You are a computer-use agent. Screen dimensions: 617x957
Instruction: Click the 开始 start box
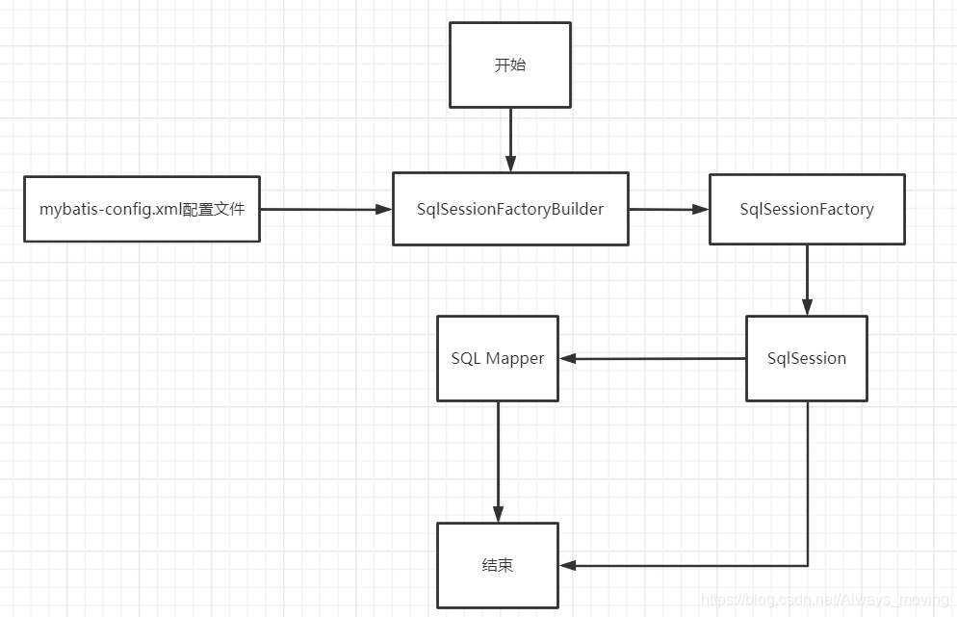[510, 65]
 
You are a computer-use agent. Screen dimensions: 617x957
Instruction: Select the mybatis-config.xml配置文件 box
[142, 209]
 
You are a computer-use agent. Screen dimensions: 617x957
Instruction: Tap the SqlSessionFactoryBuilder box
[510, 209]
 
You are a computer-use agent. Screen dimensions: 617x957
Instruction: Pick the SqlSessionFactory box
[807, 209]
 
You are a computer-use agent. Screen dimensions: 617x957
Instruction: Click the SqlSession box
[807, 358]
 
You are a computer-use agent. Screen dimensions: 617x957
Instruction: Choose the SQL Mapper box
[498, 358]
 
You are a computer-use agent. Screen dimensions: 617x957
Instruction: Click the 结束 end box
[498, 565]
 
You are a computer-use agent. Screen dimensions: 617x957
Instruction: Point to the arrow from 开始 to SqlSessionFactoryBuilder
[510, 140]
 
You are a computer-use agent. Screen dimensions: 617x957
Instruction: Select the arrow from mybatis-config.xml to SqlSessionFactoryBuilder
[323, 209]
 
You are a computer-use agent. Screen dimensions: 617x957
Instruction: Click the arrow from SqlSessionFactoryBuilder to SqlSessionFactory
[668, 209]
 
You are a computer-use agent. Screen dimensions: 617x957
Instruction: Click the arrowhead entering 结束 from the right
[567, 565]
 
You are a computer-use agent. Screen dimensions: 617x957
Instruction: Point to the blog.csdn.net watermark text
[825, 600]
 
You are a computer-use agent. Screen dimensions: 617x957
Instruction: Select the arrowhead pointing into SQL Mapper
[567, 358]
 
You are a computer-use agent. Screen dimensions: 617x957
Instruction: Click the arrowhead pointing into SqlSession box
[807, 308]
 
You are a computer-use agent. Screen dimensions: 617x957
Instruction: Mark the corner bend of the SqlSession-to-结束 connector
[807, 565]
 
